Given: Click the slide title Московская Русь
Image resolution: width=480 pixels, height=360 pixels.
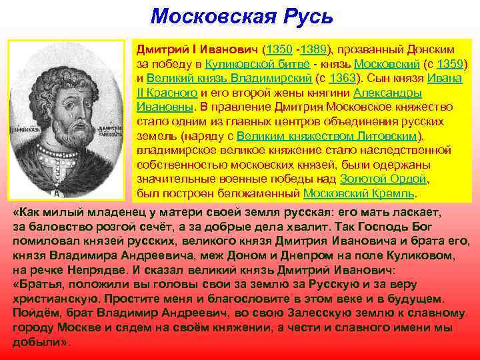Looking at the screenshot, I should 241,16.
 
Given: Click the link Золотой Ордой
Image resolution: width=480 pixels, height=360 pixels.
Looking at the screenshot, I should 383,179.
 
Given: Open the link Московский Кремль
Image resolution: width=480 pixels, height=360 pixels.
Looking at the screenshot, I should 359,193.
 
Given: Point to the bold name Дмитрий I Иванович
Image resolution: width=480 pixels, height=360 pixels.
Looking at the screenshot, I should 198,50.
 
